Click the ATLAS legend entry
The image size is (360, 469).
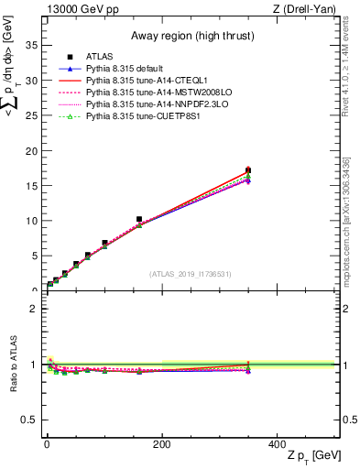tap(99, 56)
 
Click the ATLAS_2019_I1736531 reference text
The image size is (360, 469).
tap(190, 274)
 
